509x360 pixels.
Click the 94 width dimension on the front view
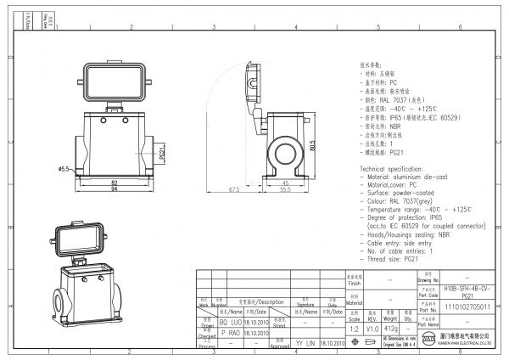(114, 188)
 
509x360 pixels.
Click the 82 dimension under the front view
(114, 181)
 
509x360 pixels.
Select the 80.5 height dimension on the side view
(313, 146)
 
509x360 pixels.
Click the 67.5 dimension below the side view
(234, 189)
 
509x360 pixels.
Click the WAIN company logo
(430, 340)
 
